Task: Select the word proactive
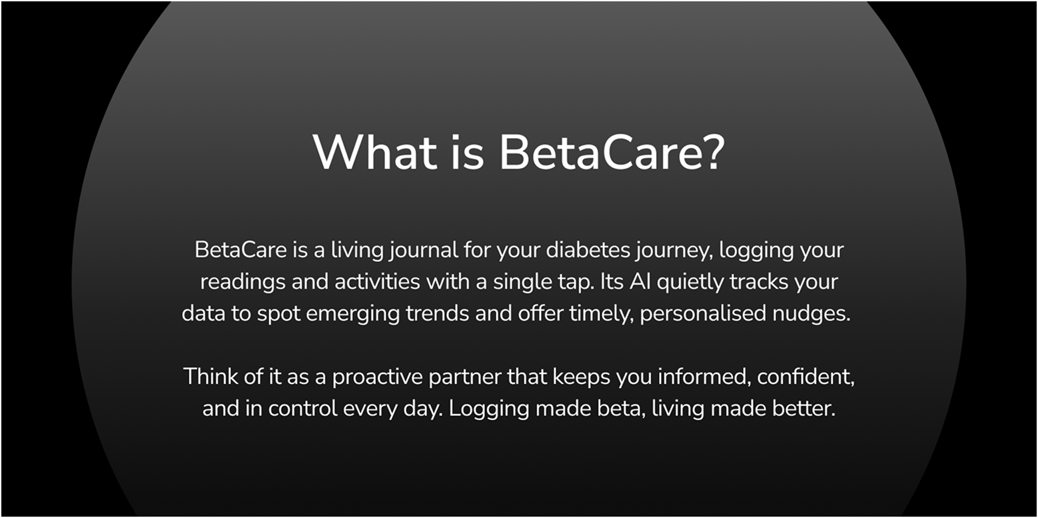click(x=377, y=377)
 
